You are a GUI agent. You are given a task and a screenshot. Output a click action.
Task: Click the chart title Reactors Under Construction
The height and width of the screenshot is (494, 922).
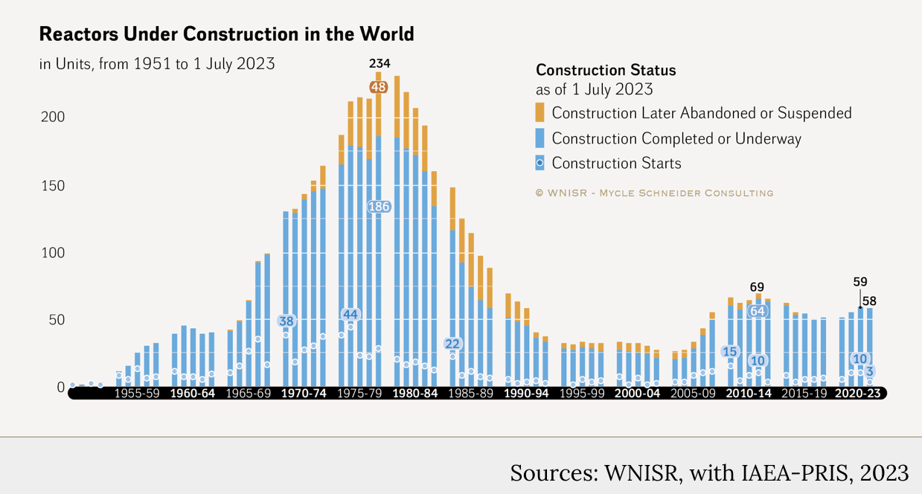point(226,34)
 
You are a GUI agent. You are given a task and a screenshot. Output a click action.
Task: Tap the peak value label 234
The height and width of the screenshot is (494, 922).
point(379,63)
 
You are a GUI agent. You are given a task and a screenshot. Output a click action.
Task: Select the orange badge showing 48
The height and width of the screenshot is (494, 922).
point(379,87)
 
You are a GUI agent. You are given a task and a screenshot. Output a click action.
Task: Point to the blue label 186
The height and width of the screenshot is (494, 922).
point(379,207)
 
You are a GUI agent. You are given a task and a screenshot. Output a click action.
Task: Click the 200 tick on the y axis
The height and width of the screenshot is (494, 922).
point(54,118)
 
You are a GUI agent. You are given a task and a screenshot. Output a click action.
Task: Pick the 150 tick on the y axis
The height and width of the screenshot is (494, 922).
point(54,185)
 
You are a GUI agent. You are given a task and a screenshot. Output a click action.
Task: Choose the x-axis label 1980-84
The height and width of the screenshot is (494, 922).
point(414,394)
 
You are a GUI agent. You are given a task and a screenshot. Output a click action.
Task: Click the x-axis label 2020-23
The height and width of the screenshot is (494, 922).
point(858,394)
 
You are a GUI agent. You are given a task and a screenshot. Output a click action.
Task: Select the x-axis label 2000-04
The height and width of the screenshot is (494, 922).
point(637,394)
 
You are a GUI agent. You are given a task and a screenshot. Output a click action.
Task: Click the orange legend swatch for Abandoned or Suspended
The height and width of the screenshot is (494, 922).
point(540,113)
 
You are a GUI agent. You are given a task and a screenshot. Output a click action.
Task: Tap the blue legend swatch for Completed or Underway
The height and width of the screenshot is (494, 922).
point(540,138)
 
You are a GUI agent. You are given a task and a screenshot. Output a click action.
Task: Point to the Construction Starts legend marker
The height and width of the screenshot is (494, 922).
point(540,162)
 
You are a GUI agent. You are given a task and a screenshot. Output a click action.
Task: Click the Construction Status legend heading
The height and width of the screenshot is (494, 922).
point(606,71)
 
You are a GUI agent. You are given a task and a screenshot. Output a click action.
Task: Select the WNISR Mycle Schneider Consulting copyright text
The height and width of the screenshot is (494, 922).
point(654,193)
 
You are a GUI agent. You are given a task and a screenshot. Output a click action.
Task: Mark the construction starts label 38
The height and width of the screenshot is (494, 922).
point(286,321)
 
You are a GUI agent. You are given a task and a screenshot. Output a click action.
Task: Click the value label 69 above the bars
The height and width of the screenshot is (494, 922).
point(757,287)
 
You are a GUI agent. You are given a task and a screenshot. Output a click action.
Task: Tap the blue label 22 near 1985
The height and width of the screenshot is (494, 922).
point(452,344)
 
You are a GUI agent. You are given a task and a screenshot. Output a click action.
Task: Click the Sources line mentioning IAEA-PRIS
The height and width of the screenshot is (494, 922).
point(709,473)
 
